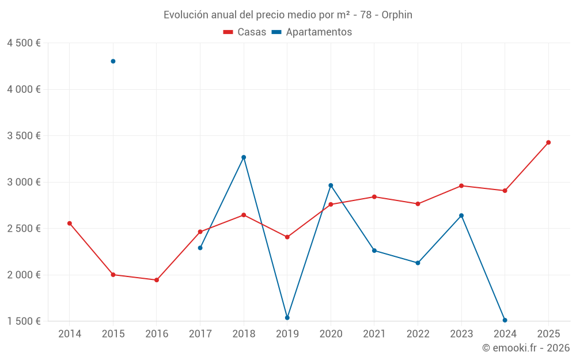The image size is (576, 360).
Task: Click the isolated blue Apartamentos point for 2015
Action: (113, 61)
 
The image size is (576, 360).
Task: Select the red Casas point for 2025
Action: (548, 142)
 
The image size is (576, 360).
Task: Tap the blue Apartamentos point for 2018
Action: (244, 157)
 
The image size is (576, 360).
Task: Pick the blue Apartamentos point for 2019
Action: (287, 317)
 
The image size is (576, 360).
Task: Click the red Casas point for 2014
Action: (70, 223)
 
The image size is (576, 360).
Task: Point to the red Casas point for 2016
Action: (157, 280)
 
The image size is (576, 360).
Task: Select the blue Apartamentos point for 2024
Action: (505, 320)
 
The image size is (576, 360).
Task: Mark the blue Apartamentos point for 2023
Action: (461, 215)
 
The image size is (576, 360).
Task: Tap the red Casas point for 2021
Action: (374, 196)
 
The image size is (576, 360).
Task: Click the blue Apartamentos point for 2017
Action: (200, 248)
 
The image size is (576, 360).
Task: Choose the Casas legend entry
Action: (245, 32)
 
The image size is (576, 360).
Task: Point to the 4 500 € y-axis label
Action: (24, 43)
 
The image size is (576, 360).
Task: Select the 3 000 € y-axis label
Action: (24, 182)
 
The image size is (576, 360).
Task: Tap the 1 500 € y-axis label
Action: (24, 321)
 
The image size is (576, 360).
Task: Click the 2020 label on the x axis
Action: (331, 334)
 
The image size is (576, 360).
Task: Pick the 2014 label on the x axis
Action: (70, 334)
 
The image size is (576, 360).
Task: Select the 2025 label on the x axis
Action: (548, 334)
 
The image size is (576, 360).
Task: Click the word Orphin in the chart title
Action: (397, 15)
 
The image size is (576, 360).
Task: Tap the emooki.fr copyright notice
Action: (526, 348)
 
